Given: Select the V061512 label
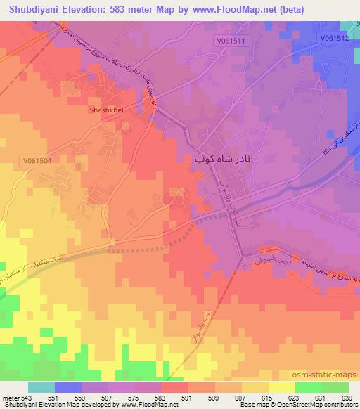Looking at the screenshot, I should tap(333, 38).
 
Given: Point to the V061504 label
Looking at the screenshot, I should tap(37, 160).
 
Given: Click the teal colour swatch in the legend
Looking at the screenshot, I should tap(41, 387).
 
